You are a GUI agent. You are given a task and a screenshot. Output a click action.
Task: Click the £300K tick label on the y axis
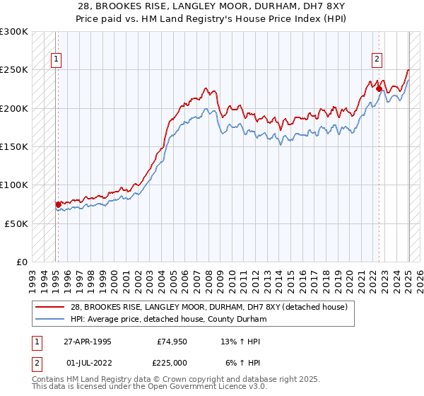[x=14, y=32]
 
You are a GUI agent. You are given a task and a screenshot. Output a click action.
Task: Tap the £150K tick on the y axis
[x=14, y=147]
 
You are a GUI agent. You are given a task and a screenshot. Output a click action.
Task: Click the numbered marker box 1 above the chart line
[x=56, y=60]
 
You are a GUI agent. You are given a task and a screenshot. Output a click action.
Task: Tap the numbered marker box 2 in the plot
[x=377, y=60]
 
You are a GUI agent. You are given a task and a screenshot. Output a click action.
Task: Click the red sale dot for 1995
[x=58, y=204]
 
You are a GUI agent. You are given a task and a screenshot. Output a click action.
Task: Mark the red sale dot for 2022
[x=379, y=89]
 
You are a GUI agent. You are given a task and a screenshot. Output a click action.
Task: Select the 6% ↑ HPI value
[x=242, y=361]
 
